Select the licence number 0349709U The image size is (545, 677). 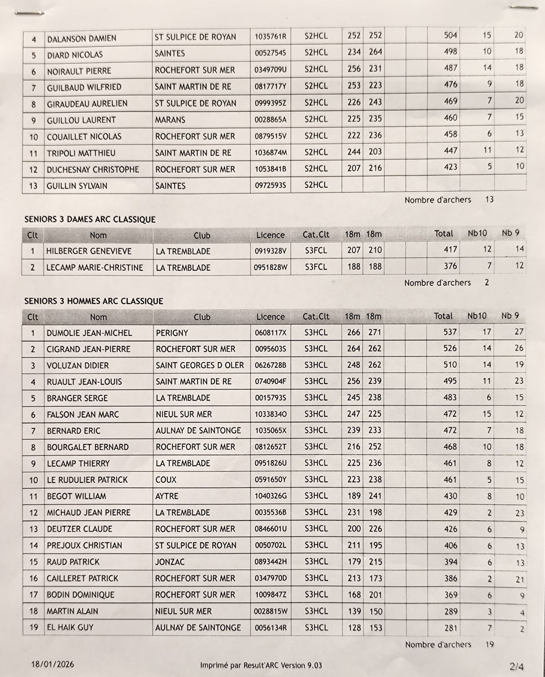click(x=271, y=71)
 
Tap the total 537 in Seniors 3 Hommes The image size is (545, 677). click(x=450, y=332)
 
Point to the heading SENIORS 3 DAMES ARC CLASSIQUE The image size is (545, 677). click(x=90, y=219)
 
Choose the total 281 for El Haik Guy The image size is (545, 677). click(x=450, y=627)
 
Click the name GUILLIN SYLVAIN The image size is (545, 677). click(x=77, y=186)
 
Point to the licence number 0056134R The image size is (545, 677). click(x=271, y=627)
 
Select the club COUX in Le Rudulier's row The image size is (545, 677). click(x=166, y=480)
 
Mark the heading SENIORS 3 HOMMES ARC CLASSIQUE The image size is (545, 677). click(x=94, y=301)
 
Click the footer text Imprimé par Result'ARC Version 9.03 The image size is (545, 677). click(x=261, y=665)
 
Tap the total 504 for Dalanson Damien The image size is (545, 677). click(x=451, y=35)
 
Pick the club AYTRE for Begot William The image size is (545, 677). click(x=166, y=496)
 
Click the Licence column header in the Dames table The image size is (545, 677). click(x=270, y=235)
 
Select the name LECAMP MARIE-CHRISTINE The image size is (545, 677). click(x=94, y=267)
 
